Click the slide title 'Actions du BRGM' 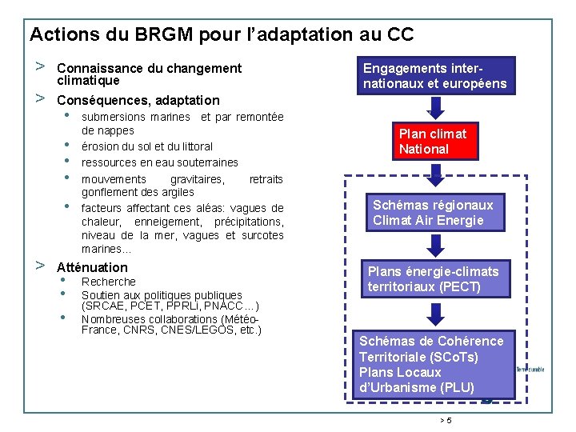pos(221,34)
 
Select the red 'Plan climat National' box pos(434,141)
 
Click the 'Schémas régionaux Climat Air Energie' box pos(434,213)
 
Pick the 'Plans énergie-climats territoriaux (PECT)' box pos(434,278)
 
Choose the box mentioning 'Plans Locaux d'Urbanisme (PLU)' pos(433,364)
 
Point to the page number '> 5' pos(446,421)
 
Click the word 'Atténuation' pos(92,267)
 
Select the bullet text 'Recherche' pos(109,282)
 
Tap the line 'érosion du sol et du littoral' pos(147,146)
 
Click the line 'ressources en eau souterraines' pos(160,162)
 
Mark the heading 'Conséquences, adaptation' pos(138,100)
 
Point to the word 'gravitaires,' pos(198,179)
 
